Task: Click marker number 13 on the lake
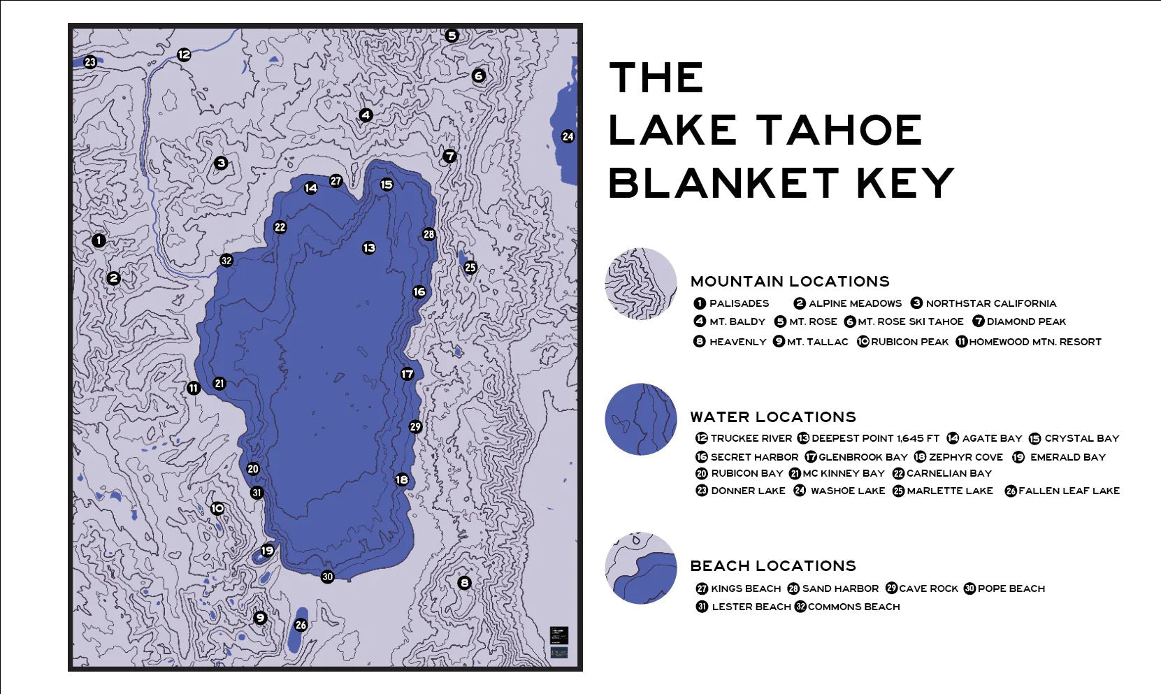pos(369,247)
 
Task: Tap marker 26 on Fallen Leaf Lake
pos(301,625)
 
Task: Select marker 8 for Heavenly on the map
pos(464,582)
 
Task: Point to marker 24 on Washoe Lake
pos(568,136)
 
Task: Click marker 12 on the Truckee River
pos(184,54)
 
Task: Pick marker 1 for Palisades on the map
pos(99,240)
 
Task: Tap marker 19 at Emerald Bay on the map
pos(267,551)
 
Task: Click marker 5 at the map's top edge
pos(452,35)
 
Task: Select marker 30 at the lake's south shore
pos(327,577)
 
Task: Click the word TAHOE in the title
pos(840,131)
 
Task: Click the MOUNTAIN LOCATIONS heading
pos(790,281)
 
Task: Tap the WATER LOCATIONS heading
pos(773,417)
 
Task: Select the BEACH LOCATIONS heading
pos(773,565)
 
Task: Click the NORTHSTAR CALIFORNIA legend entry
pos(990,303)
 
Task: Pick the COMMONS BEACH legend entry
pos(853,607)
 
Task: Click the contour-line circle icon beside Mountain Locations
pos(641,284)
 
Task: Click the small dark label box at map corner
pos(558,635)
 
